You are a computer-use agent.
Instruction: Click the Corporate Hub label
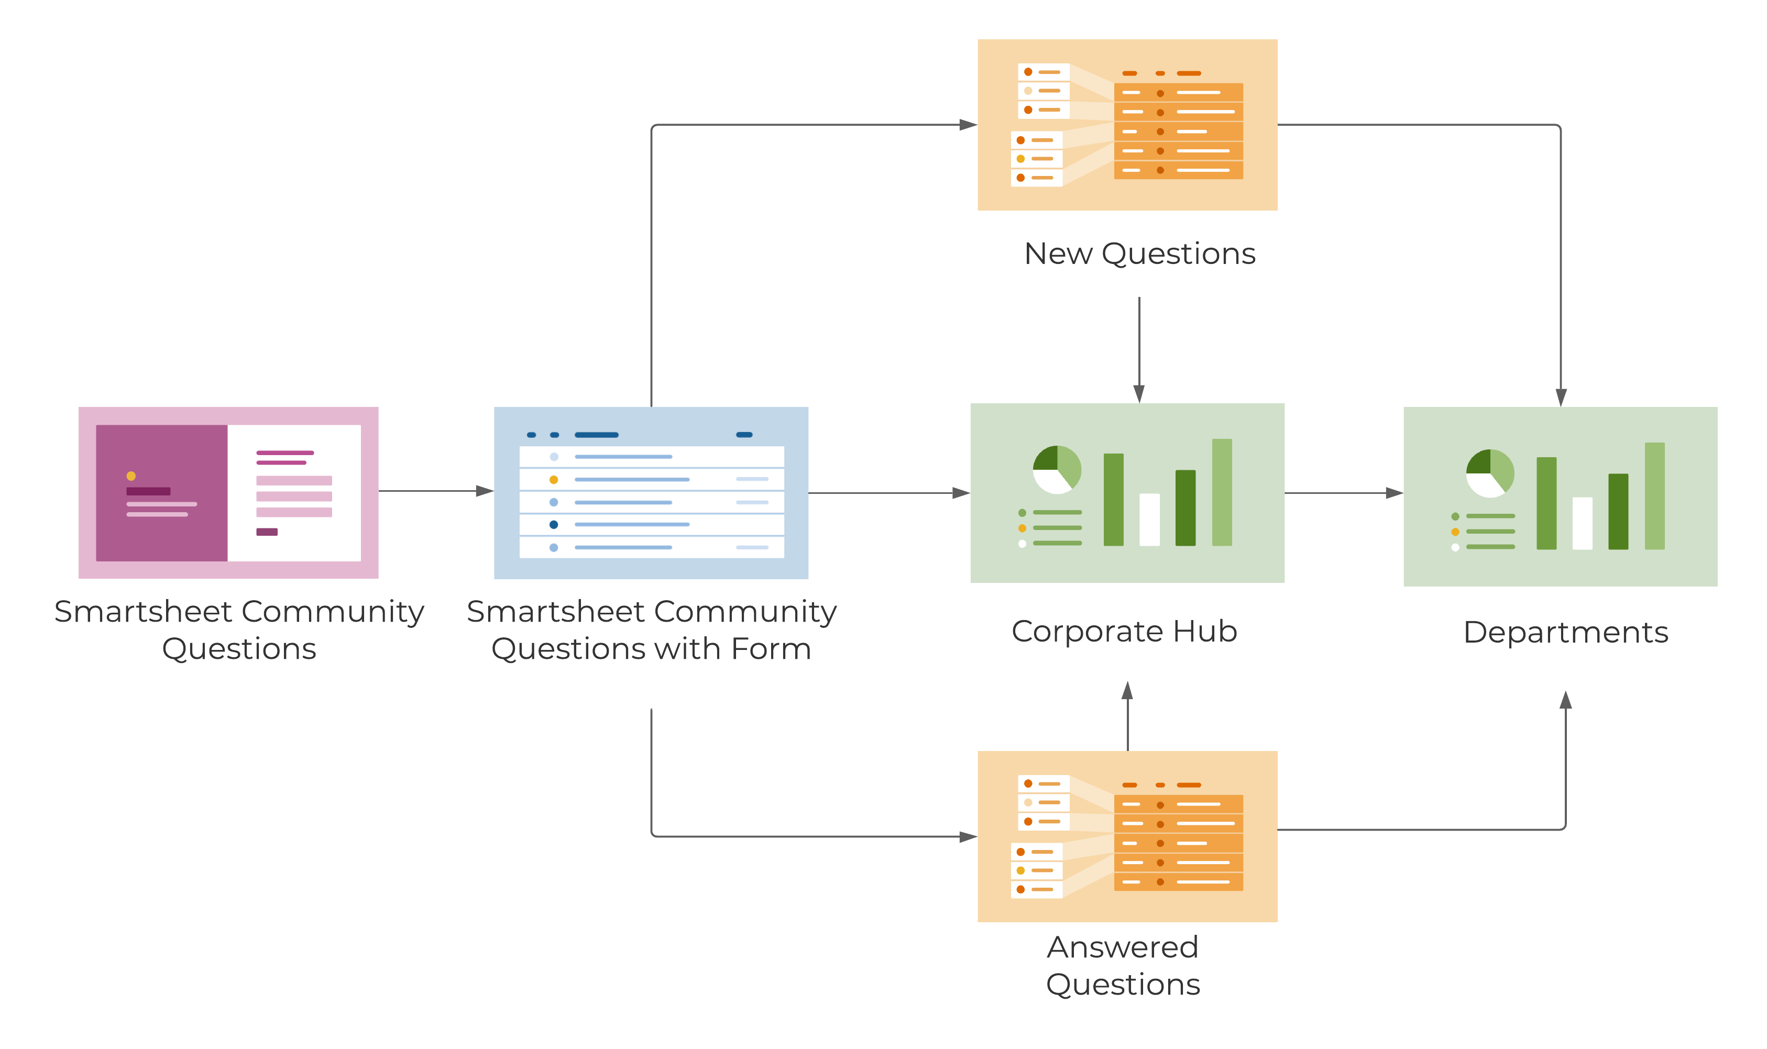click(1124, 631)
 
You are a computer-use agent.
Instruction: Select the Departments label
click(1565, 633)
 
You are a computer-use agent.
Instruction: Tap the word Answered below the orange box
click(1123, 947)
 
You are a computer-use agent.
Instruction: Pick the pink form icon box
click(228, 493)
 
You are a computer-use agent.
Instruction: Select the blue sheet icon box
click(651, 493)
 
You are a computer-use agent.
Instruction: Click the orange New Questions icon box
click(1127, 125)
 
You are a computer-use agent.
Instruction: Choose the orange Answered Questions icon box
click(1127, 836)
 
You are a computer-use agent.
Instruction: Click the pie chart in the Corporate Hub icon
click(1057, 469)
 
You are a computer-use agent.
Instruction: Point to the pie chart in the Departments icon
click(1490, 473)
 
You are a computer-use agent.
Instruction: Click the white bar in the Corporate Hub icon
click(1150, 520)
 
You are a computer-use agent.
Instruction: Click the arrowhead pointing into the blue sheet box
click(485, 491)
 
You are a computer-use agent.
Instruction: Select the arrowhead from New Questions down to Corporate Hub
click(1139, 394)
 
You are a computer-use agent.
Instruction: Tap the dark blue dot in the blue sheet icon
click(554, 525)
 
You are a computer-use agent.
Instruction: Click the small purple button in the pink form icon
click(267, 532)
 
